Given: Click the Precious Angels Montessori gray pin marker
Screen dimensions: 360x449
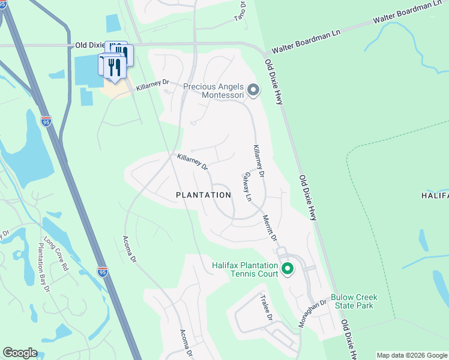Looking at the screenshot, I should click(253, 91).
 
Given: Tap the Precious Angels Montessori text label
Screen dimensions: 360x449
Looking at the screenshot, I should click(214, 91).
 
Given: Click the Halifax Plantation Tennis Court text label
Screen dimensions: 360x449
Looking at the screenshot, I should click(245, 269).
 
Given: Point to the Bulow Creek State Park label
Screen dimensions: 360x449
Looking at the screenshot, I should click(352, 302).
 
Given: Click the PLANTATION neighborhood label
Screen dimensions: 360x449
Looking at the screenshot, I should click(203, 195).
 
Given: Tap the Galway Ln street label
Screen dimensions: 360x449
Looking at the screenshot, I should click(247, 187).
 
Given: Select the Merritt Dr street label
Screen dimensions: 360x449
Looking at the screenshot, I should click(270, 229).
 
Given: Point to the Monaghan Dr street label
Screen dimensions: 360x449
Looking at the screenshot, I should click(312, 313).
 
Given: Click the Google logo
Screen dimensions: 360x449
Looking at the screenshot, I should click(20, 353).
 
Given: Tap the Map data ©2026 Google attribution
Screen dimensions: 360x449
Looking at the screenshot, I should click(412, 355).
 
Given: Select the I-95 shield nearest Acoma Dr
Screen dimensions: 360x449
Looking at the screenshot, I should click(103, 272).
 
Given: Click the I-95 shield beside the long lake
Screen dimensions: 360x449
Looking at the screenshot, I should click(46, 121).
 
